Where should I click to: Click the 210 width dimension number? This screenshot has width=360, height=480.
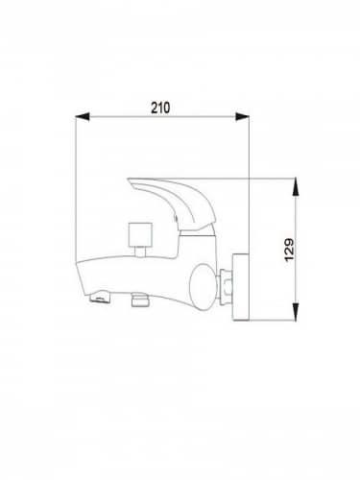[160, 108]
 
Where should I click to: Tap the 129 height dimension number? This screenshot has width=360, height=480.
[290, 250]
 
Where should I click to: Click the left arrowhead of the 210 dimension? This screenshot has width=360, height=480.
[83, 116]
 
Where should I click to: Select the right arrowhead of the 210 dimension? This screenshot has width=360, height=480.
[242, 116]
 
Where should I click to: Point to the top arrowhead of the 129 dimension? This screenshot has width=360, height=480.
[296, 185]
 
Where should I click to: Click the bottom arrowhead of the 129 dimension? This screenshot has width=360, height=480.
[296, 312]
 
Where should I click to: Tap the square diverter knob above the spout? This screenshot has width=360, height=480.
[139, 234]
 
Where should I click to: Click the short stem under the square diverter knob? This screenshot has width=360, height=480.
[140, 252]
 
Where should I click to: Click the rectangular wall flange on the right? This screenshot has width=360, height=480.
[241, 287]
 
